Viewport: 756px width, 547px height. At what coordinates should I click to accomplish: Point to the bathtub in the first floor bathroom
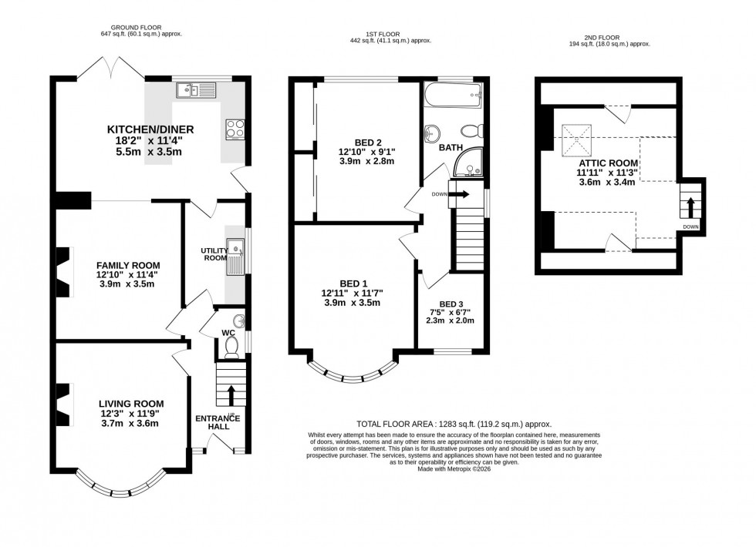453,97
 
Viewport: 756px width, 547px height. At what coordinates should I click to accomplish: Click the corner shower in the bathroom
468,163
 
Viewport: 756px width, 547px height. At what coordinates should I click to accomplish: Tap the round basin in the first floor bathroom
430,133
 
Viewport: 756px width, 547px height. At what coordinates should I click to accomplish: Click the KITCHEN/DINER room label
150,129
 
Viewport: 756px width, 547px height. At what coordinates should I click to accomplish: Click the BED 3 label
453,304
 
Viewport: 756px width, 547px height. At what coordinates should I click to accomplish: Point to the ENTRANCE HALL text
218,423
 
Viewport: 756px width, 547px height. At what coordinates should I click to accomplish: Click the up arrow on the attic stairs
690,206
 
